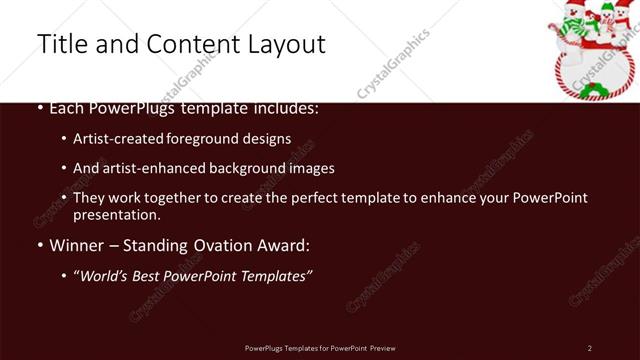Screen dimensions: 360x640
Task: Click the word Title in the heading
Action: pos(59,44)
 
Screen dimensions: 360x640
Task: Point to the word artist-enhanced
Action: pos(151,169)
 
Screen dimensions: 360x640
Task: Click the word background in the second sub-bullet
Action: pos(251,169)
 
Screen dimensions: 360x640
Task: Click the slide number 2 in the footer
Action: pos(590,347)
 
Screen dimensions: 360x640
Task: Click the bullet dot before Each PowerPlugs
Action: pos(40,108)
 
